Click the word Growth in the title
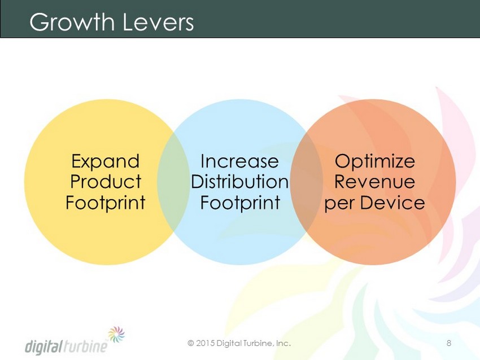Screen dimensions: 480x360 tap(72, 21)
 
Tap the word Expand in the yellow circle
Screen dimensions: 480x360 tap(105, 161)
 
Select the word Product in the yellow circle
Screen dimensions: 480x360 tap(106, 181)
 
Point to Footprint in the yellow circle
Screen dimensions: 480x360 tap(105, 202)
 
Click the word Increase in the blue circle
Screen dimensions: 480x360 tap(239, 161)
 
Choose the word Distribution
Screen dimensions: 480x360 tap(239, 181)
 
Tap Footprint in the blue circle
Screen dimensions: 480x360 tap(240, 202)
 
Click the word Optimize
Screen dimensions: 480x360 tap(375, 161)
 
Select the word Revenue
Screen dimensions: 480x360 tap(375, 181)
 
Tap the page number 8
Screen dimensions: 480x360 tap(449, 343)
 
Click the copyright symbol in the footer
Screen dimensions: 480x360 tap(191, 343)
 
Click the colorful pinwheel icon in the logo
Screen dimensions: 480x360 tap(117, 334)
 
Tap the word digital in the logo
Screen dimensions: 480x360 tap(44, 346)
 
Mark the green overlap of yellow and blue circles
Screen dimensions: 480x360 tap(173, 181)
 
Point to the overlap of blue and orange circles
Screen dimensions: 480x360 tap(307, 181)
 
